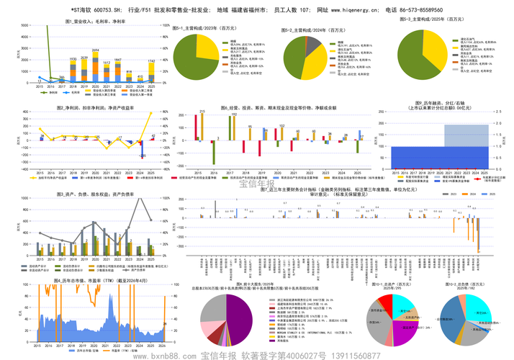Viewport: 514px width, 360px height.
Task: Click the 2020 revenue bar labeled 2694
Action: coord(96,68)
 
